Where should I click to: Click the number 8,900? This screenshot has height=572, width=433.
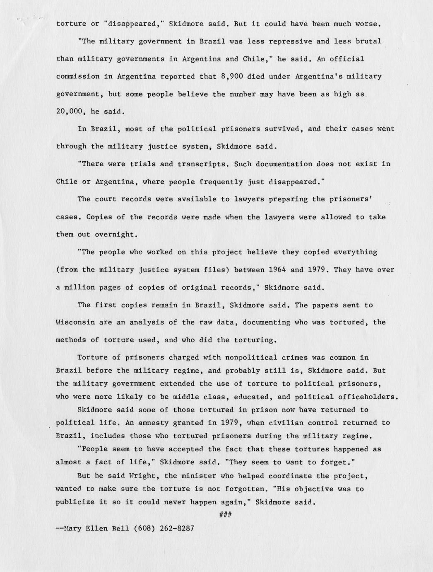(232, 77)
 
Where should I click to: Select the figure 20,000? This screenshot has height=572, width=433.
(69, 111)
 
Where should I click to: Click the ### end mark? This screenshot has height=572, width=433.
(225, 515)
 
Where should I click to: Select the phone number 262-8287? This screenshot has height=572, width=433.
(177, 528)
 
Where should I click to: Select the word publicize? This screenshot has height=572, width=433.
(75, 502)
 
